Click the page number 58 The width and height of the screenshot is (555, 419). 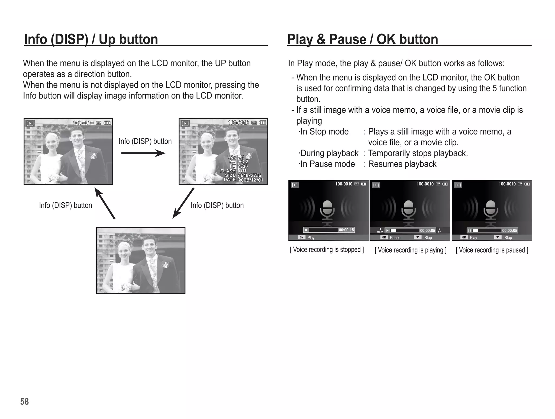coord(24,402)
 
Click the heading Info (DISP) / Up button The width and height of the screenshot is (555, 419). coord(91,39)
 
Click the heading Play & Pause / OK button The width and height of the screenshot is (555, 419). coord(362,39)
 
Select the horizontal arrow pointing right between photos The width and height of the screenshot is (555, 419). coord(143,153)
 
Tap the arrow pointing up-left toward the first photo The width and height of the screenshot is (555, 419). coord(105,203)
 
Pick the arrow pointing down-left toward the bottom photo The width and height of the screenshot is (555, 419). coord(183,203)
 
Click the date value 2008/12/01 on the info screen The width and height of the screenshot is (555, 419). coord(250,180)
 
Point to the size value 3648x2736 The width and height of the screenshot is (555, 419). coord(249,175)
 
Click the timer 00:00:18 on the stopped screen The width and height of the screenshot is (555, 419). coord(346,230)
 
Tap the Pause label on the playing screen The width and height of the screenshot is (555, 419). coord(395,238)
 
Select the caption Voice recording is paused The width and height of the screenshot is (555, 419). coord(492,250)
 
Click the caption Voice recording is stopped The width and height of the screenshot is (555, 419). coord(327,250)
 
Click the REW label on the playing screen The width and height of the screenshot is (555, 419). coord(380,231)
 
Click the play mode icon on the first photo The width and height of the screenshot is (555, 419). coord(30,123)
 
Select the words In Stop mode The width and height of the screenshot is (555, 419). coord(324,132)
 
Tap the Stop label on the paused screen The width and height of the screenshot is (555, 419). coord(508,238)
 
